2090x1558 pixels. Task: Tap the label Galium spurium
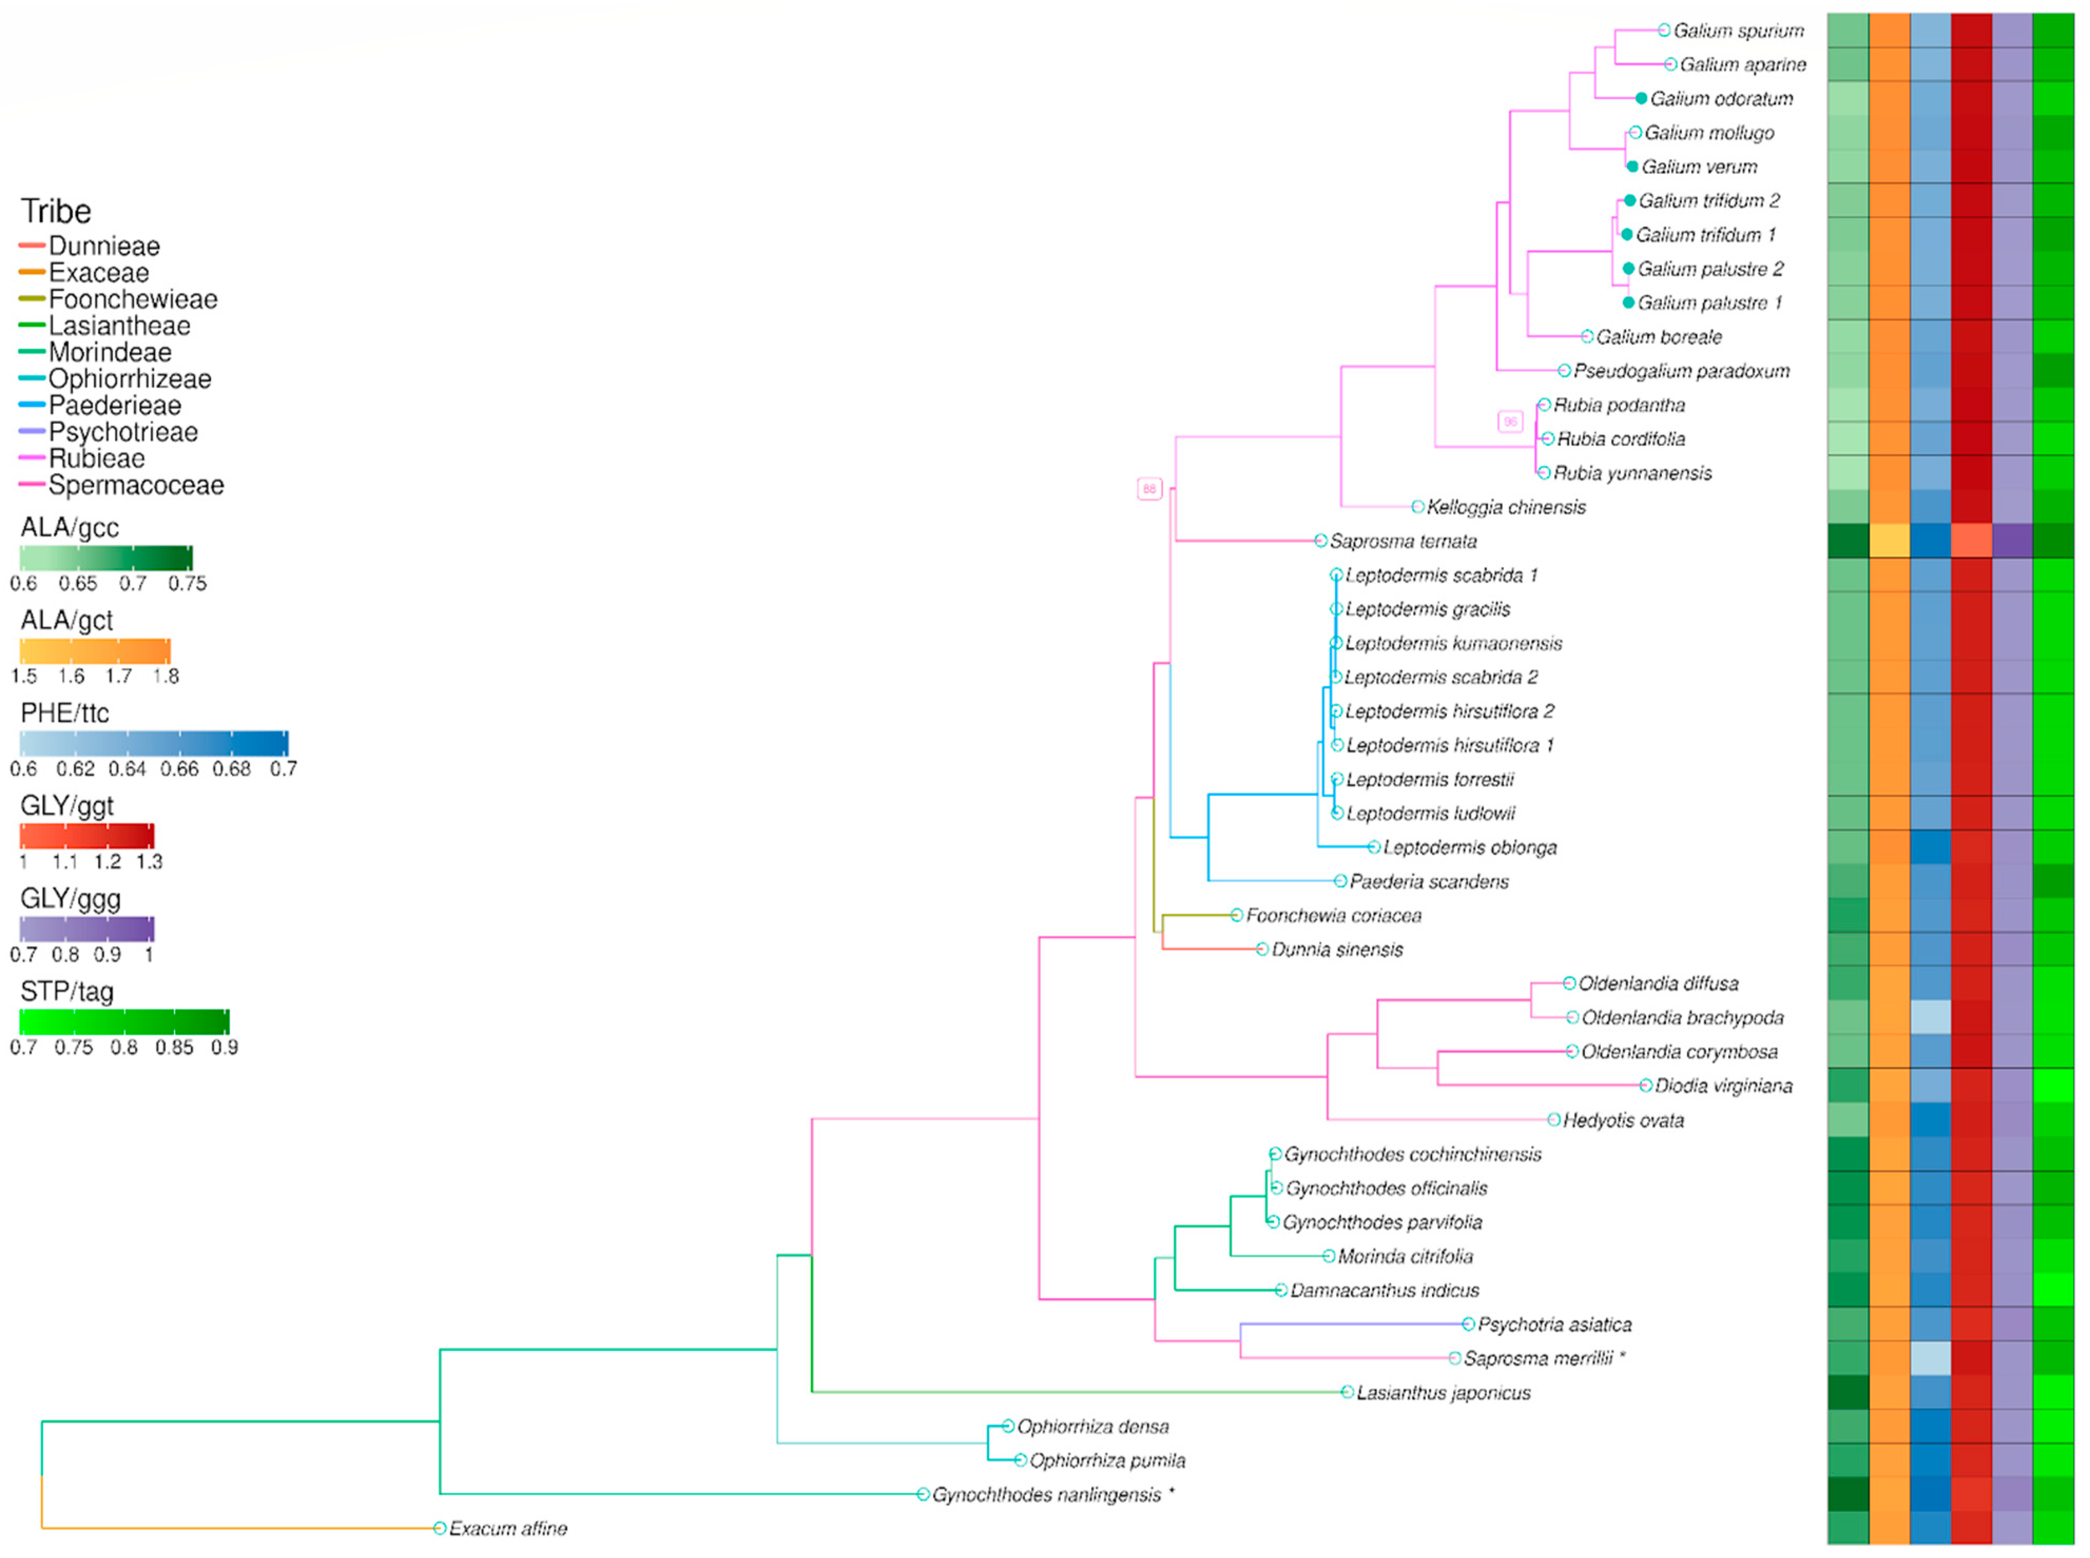click(1738, 31)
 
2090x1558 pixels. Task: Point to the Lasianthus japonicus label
click(1443, 1393)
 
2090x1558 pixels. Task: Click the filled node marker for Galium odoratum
click(1641, 99)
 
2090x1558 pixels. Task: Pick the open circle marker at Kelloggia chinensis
click(1417, 507)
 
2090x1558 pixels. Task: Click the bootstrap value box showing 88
click(1148, 488)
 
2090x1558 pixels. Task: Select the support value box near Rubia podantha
click(1510, 422)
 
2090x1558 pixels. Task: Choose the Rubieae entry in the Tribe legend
click(96, 459)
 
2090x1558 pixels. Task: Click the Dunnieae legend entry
click(104, 246)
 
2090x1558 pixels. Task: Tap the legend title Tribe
click(56, 211)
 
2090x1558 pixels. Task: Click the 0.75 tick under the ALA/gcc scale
click(187, 584)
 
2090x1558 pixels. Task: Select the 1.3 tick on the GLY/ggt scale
click(149, 862)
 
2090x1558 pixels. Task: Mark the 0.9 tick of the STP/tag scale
click(225, 1048)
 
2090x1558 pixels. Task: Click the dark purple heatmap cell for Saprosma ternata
click(2011, 541)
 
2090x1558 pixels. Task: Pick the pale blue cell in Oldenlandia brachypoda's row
click(1930, 1017)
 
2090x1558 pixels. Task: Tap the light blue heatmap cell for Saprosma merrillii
click(1930, 1358)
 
